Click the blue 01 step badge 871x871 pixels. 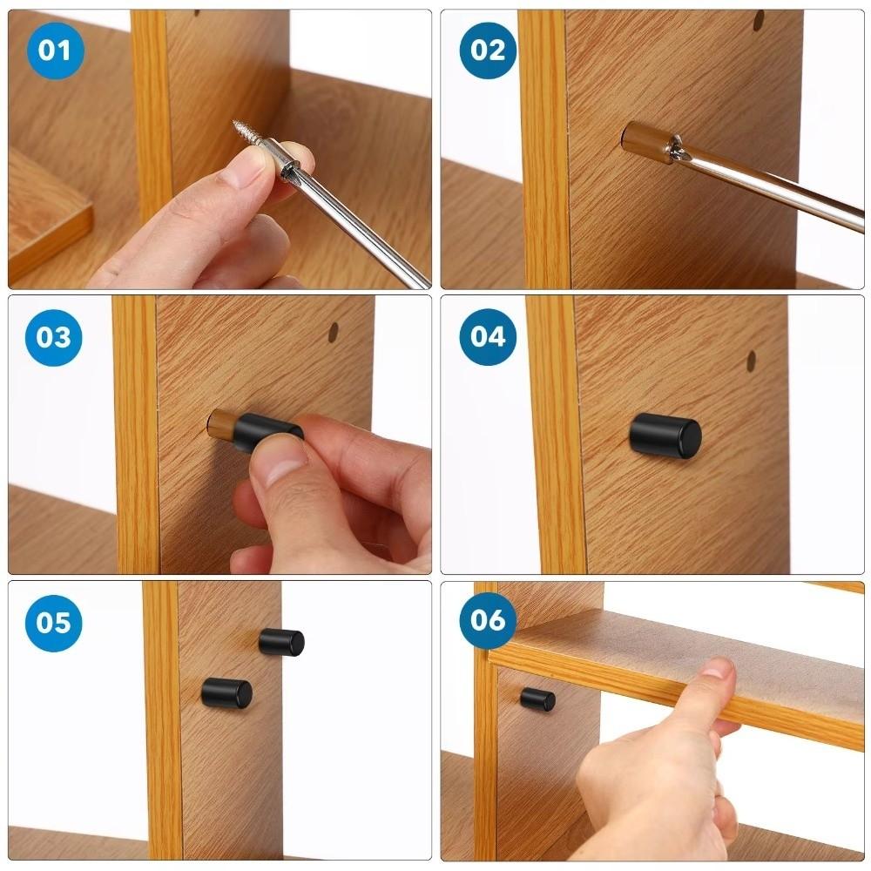(x=54, y=50)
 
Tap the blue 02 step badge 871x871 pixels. (x=488, y=50)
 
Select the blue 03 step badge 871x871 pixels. (x=54, y=336)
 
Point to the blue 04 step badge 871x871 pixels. (x=488, y=336)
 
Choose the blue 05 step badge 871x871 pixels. (x=54, y=622)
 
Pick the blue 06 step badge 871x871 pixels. (x=488, y=620)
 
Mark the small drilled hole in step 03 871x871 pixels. (x=334, y=332)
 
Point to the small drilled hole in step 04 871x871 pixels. (x=751, y=358)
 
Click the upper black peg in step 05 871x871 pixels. (x=281, y=643)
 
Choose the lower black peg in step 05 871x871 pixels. (x=226, y=693)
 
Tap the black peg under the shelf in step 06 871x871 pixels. (x=538, y=699)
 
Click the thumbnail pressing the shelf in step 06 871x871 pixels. (x=716, y=669)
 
